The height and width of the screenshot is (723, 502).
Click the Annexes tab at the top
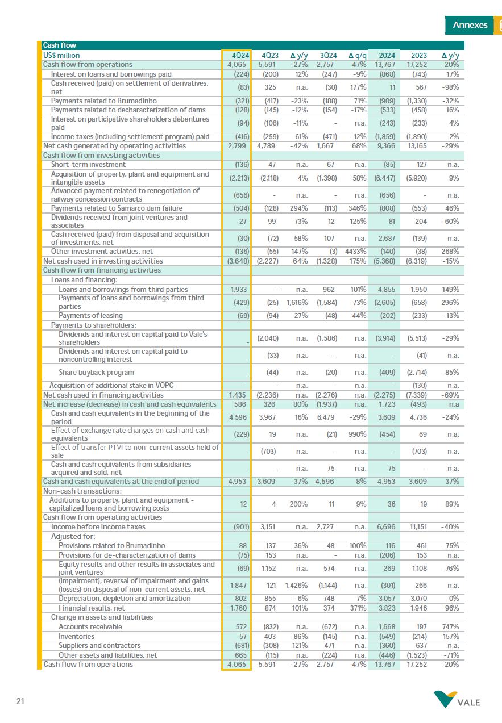tap(470, 25)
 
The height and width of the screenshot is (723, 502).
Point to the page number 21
tap(20, 702)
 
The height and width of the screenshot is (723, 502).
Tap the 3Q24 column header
tap(329, 56)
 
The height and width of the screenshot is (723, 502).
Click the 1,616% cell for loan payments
tap(297, 302)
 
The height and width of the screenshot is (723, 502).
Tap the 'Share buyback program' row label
tap(96, 373)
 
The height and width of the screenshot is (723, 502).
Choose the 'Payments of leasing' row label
tap(90, 315)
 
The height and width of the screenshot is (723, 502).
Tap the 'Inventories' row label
tap(76, 636)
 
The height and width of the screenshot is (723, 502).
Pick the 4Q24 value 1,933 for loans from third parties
tap(238, 289)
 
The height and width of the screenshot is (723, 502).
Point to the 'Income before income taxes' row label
tap(98, 526)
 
